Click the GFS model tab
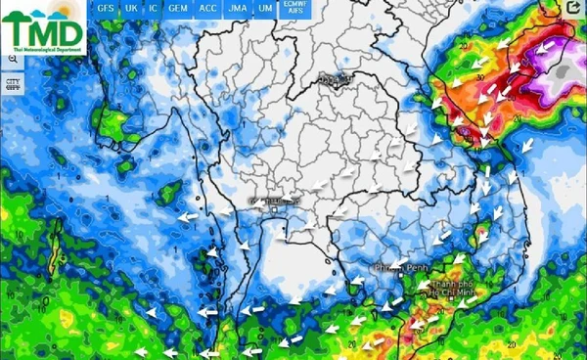click(106, 8)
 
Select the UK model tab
click(131, 8)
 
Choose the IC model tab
click(154, 8)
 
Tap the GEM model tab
click(178, 8)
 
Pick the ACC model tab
click(207, 8)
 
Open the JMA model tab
click(237, 8)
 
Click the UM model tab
click(265, 8)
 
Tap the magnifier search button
click(13, 61)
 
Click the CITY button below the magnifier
click(13, 84)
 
